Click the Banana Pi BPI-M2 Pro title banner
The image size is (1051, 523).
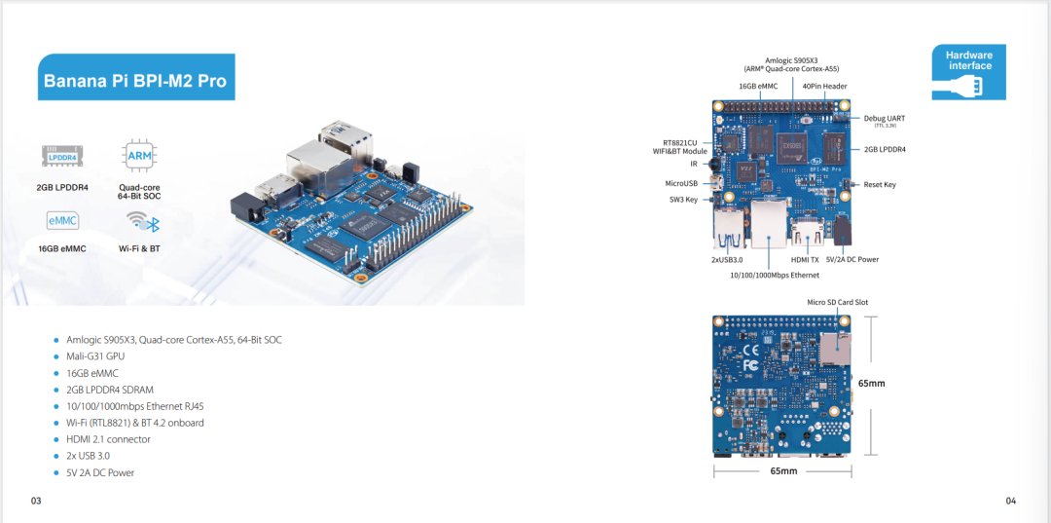(135, 79)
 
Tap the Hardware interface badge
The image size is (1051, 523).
(968, 71)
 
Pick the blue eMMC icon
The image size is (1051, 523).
(62, 221)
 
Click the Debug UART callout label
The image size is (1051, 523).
(884, 119)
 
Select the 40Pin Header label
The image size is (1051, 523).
(824, 86)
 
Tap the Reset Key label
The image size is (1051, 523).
(880, 184)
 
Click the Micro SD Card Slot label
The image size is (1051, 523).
(838, 302)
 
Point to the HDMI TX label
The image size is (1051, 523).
(805, 259)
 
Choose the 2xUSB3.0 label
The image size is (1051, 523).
(727, 259)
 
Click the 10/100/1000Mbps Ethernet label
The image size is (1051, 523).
(775, 275)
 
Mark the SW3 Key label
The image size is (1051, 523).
(683, 199)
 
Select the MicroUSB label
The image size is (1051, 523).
(681, 182)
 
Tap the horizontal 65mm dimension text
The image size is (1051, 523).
(783, 470)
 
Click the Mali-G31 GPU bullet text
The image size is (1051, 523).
(95, 356)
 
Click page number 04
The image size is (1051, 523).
(1011, 501)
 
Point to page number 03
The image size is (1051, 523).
(36, 501)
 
